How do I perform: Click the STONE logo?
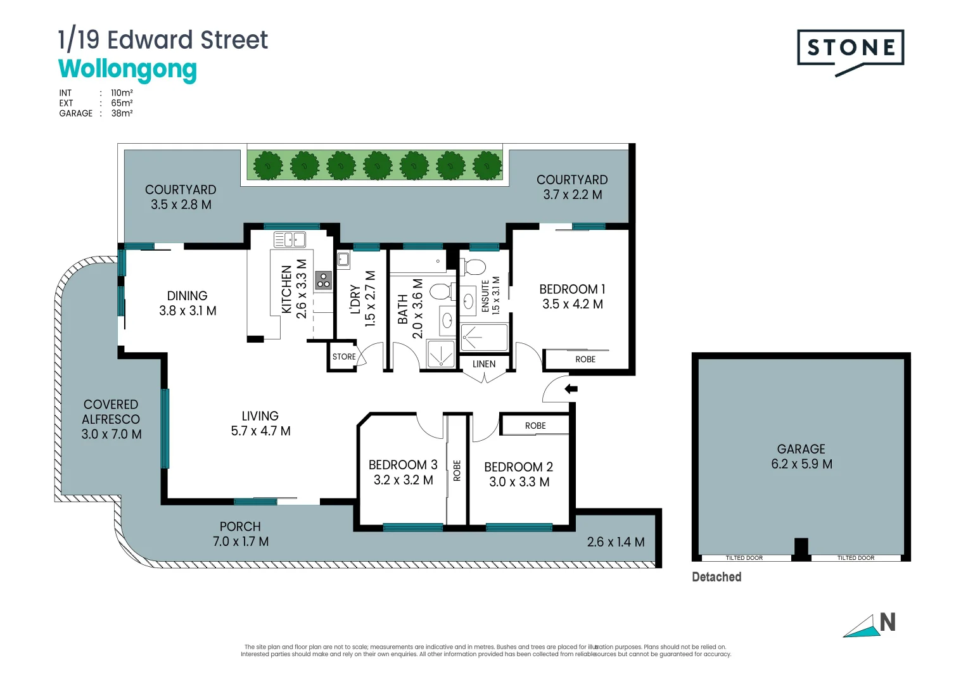click(x=850, y=49)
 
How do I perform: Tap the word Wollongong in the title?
click(x=127, y=69)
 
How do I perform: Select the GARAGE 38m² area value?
click(x=122, y=113)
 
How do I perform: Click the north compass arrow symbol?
click(x=862, y=626)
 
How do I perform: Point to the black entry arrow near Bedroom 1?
click(x=571, y=389)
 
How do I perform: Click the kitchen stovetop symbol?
click(x=324, y=279)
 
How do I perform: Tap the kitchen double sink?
click(x=290, y=239)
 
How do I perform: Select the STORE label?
click(x=344, y=357)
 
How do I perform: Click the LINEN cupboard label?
click(x=484, y=364)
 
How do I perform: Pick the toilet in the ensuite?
click(x=475, y=267)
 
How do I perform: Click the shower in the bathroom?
click(x=441, y=354)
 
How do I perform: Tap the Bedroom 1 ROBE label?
click(x=585, y=359)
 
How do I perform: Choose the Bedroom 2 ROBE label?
click(x=535, y=426)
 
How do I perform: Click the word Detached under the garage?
click(x=716, y=577)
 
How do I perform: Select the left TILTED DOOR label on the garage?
click(x=744, y=558)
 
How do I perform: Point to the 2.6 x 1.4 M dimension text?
click(x=616, y=542)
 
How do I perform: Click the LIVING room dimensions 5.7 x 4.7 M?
click(x=260, y=431)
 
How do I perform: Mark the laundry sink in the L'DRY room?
click(x=343, y=258)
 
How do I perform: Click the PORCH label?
click(x=240, y=526)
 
